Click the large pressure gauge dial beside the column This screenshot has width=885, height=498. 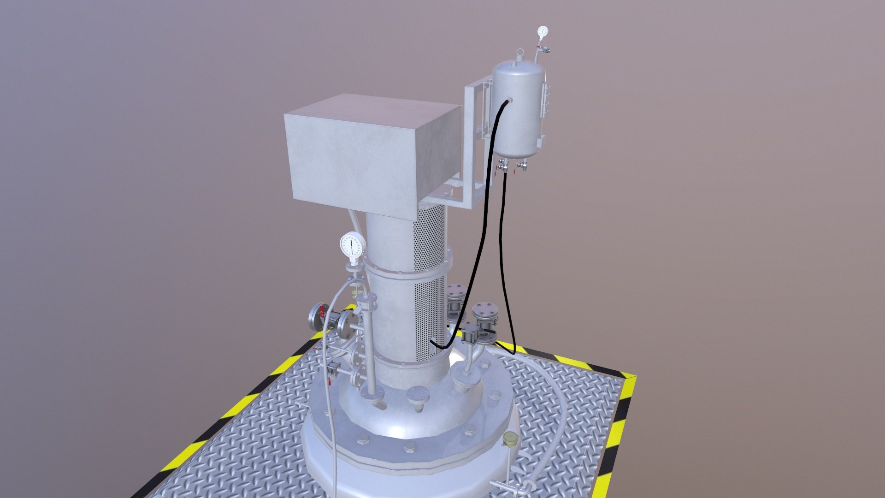[353, 245]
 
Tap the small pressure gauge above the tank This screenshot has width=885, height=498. [543, 31]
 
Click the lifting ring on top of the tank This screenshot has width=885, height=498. [520, 53]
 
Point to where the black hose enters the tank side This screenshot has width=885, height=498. [507, 102]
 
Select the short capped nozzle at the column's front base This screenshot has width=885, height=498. [418, 397]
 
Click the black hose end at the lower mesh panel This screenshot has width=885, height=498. [433, 343]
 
